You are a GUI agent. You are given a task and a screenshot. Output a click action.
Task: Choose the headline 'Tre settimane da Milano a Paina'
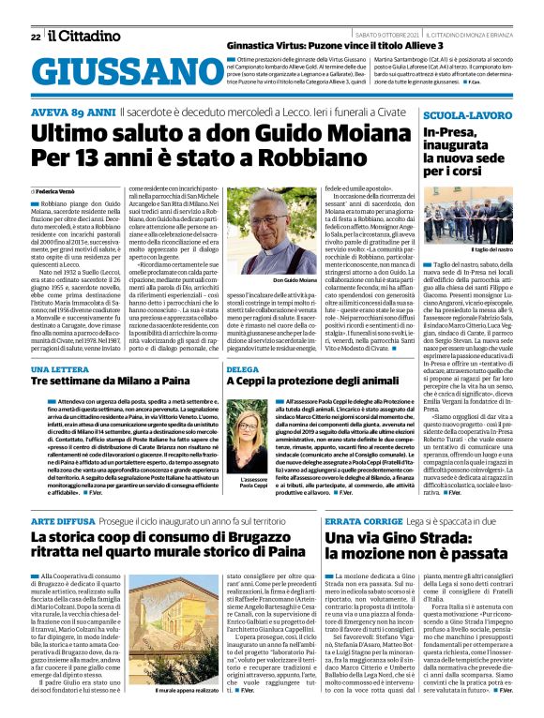pyautogui.click(x=103, y=382)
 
